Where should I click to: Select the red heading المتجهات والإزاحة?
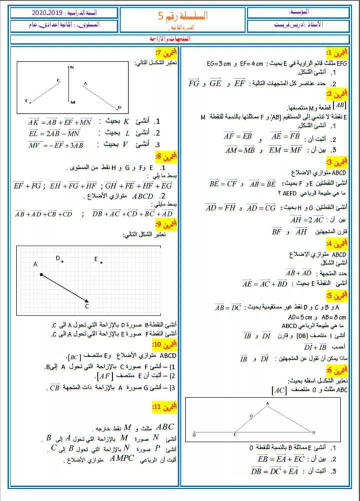pyautogui.click(x=179, y=38)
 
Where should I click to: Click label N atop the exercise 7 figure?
pyautogui.click(x=72, y=66)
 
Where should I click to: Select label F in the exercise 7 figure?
pyautogui.click(x=26, y=100)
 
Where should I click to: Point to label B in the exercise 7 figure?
pyautogui.click(x=119, y=106)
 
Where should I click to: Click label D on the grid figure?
pyautogui.click(x=57, y=257)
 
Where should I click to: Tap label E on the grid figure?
pyautogui.click(x=95, y=258)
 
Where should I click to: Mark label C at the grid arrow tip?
pyautogui.click(x=86, y=306)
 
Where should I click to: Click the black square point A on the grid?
pyautogui.click(x=41, y=274)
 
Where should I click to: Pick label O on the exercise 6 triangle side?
pyautogui.click(x=251, y=414)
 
